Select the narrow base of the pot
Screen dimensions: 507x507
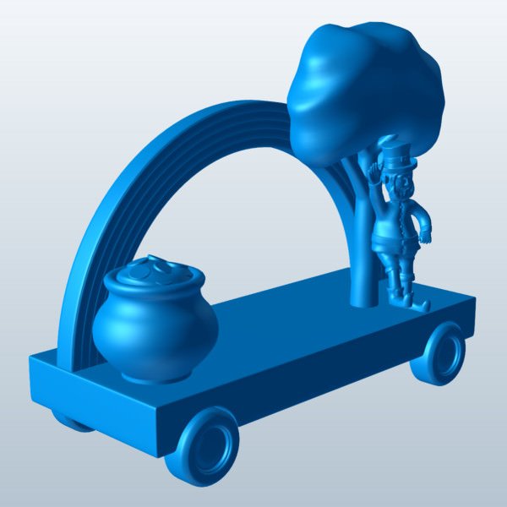156,373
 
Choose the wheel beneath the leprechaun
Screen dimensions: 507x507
440,353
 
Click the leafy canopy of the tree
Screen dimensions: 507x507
363,84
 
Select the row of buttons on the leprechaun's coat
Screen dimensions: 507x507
391,221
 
